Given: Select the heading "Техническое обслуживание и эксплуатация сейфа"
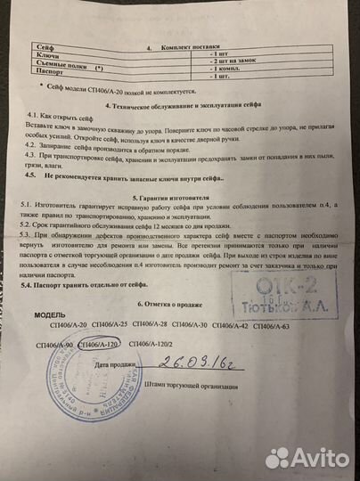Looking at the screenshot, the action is point(185,105).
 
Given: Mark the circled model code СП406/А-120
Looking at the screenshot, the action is point(98,344).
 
